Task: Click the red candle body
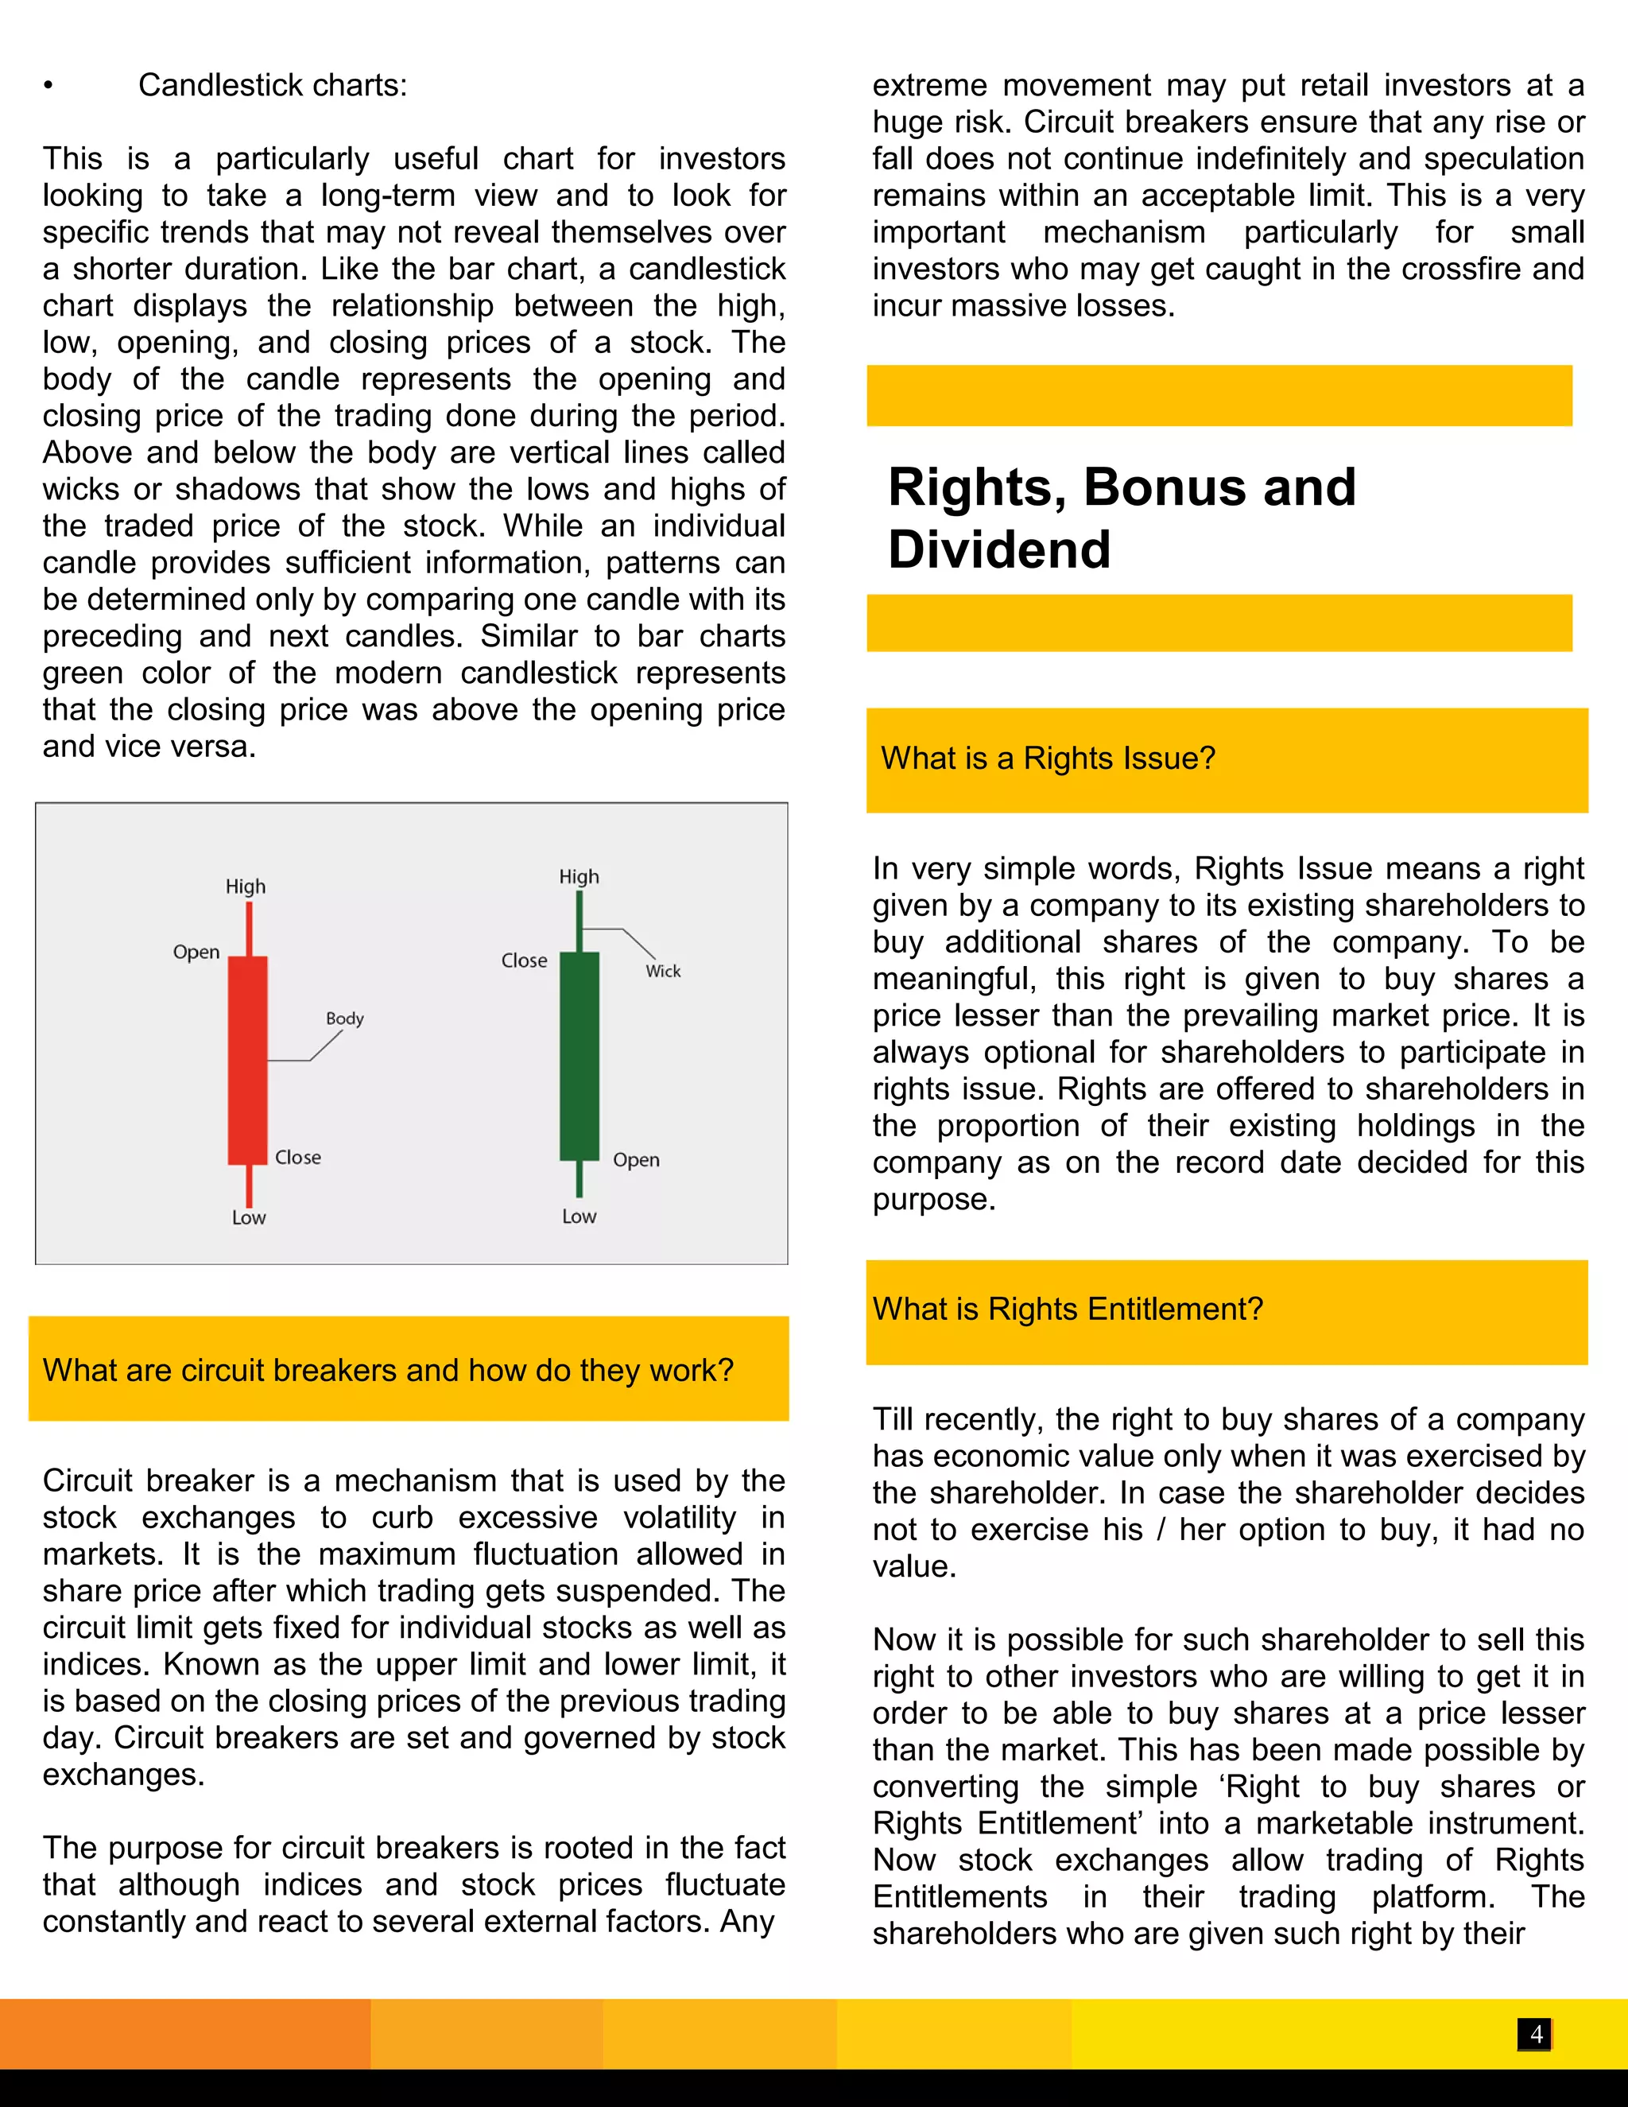pos(248,1059)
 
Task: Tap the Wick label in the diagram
pos(664,971)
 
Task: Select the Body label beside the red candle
pos(344,1018)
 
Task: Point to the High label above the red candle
pos(246,886)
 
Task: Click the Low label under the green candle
pos(579,1216)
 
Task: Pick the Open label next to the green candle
pos(637,1159)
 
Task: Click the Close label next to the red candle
pos(298,1157)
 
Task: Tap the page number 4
pos(1537,2034)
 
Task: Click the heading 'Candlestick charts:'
pos(272,85)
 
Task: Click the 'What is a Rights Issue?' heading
pos(1048,759)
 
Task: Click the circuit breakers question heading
pos(388,1369)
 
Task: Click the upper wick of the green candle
pos(579,922)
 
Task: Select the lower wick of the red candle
pos(249,1185)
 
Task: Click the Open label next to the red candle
pos(197,953)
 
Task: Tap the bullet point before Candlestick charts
pos(48,86)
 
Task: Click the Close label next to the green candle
pos(524,960)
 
